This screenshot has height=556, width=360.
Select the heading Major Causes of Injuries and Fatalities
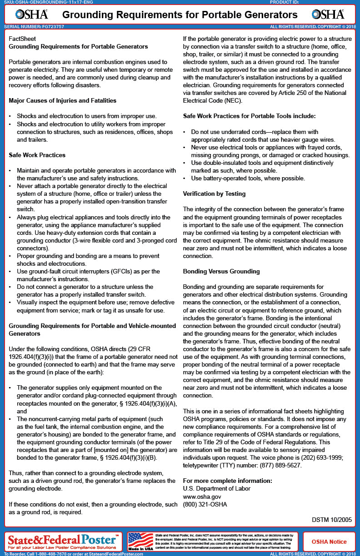click(x=62, y=100)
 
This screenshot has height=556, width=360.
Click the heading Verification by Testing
click(x=214, y=194)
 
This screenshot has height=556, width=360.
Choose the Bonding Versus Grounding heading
click(x=221, y=271)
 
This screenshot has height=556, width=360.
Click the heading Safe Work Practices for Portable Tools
click(x=249, y=116)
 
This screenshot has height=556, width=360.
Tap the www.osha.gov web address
click(x=202, y=496)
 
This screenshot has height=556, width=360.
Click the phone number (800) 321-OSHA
click(x=205, y=504)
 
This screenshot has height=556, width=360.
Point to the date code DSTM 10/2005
click(x=331, y=520)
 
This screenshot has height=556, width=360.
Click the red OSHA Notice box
click(x=329, y=541)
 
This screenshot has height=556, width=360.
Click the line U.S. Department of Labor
click(x=216, y=489)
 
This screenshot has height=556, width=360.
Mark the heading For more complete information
click(x=228, y=481)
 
